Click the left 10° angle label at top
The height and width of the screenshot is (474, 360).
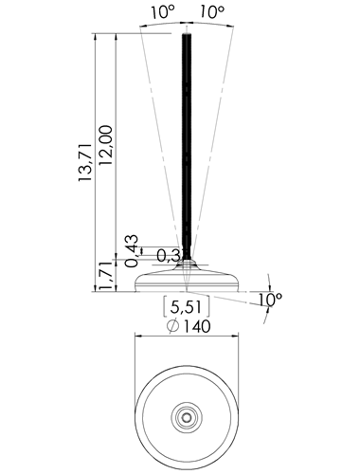point(162,12)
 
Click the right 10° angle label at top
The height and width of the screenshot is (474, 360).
point(211,12)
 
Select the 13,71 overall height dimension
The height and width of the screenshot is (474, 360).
point(85,162)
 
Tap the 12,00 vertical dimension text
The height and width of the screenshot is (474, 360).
point(105,145)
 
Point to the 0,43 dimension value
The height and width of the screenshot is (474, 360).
point(131,250)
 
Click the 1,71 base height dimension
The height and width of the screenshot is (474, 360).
point(105,276)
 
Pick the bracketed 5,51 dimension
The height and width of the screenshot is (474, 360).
point(186,306)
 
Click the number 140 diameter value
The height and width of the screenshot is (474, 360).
point(196,326)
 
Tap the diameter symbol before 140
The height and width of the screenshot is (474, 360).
point(172,326)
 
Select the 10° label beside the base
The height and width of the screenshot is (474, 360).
point(270,299)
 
